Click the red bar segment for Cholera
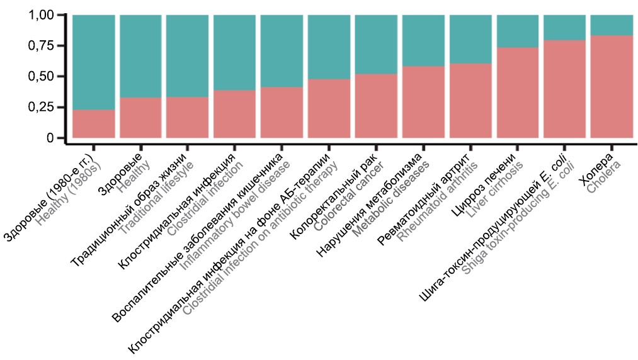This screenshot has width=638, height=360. (611, 86)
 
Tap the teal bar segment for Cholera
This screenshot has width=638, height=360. (611, 25)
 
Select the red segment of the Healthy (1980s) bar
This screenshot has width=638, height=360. (94, 124)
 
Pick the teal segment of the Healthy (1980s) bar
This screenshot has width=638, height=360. (94, 62)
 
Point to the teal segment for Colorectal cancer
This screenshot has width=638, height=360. (376, 44)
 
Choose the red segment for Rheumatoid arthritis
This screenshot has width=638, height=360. (470, 101)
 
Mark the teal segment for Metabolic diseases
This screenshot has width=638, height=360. (423, 40)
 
